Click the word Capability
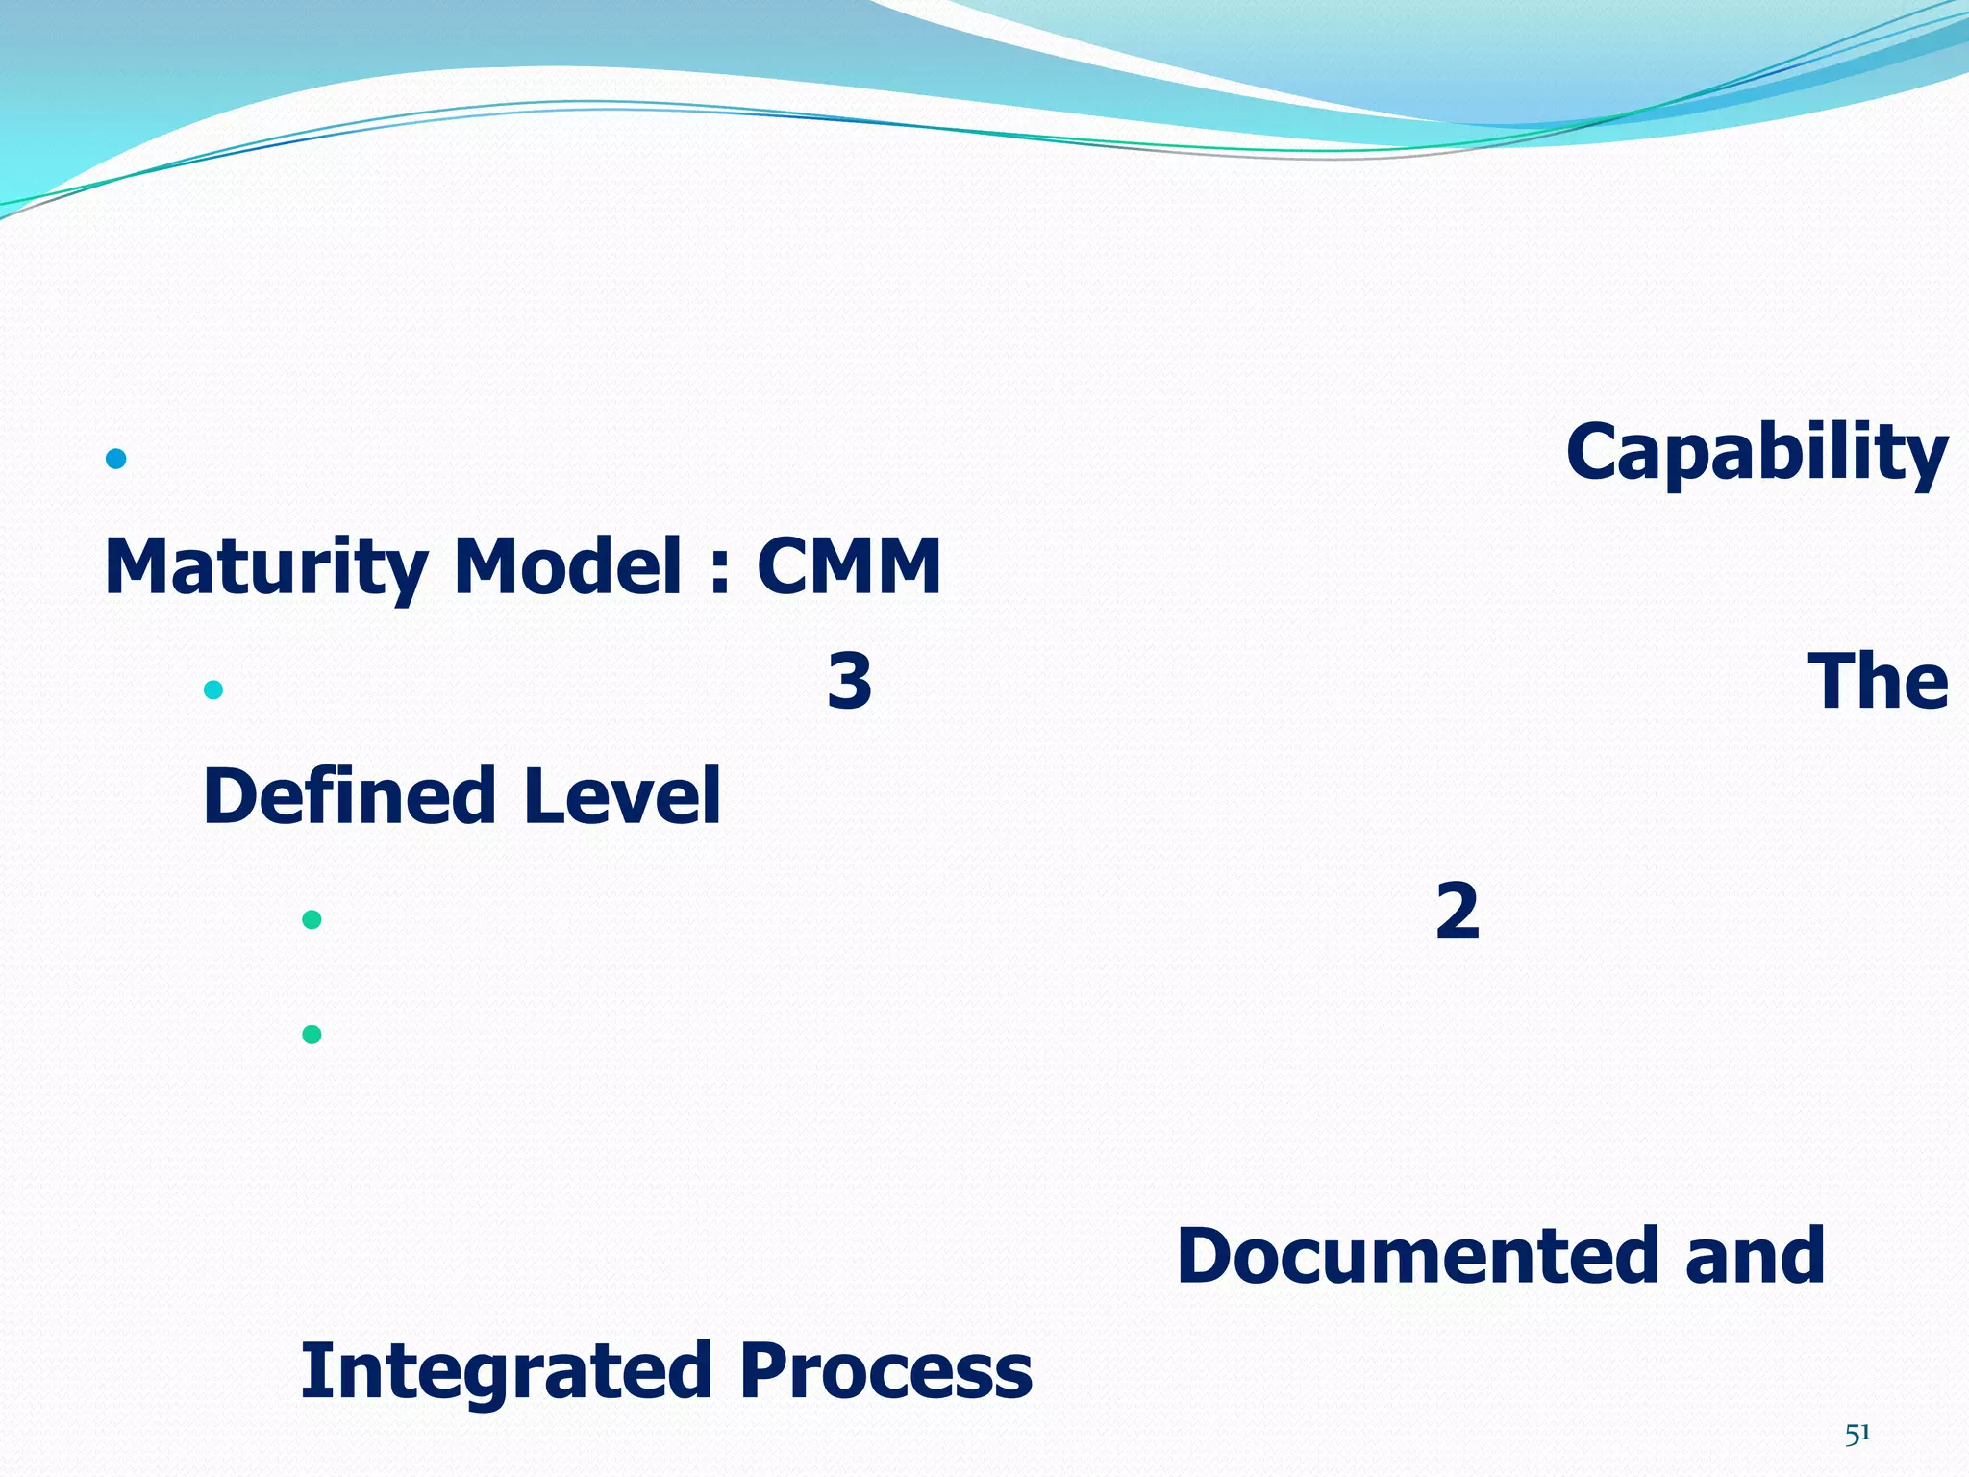point(1756,454)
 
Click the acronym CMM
point(848,567)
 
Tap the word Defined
point(348,796)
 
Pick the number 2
point(1457,912)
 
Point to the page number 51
point(1857,1435)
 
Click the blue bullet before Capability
point(116,459)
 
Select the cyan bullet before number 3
point(213,689)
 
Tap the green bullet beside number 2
point(312,919)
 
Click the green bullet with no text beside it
point(312,1035)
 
